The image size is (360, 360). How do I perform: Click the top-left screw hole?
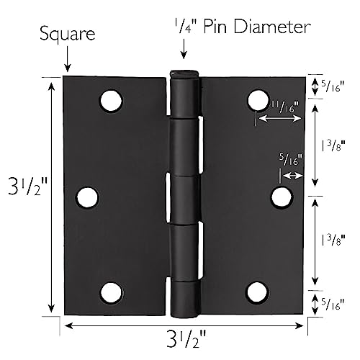point(111,101)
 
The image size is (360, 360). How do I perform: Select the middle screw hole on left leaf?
point(87,197)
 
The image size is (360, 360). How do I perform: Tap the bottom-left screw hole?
point(111,292)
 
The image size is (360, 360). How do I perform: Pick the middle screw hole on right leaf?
point(282,197)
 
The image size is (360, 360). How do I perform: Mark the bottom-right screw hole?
point(257,292)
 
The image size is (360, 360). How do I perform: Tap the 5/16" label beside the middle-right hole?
point(290,161)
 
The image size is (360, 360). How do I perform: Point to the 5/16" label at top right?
point(333,86)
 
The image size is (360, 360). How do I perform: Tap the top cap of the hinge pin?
point(184,73)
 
